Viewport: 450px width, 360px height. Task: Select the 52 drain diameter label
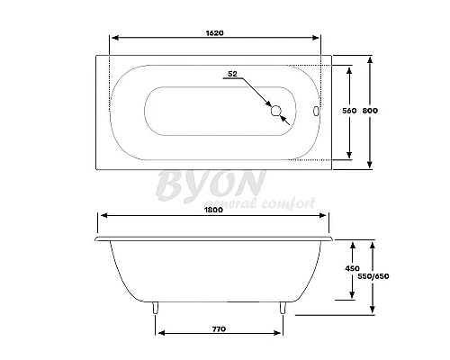coord(232,73)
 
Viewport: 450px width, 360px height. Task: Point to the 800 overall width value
coord(370,111)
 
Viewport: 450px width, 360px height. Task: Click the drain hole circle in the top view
coord(276,112)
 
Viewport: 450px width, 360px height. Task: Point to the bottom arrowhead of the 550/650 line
coord(372,311)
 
